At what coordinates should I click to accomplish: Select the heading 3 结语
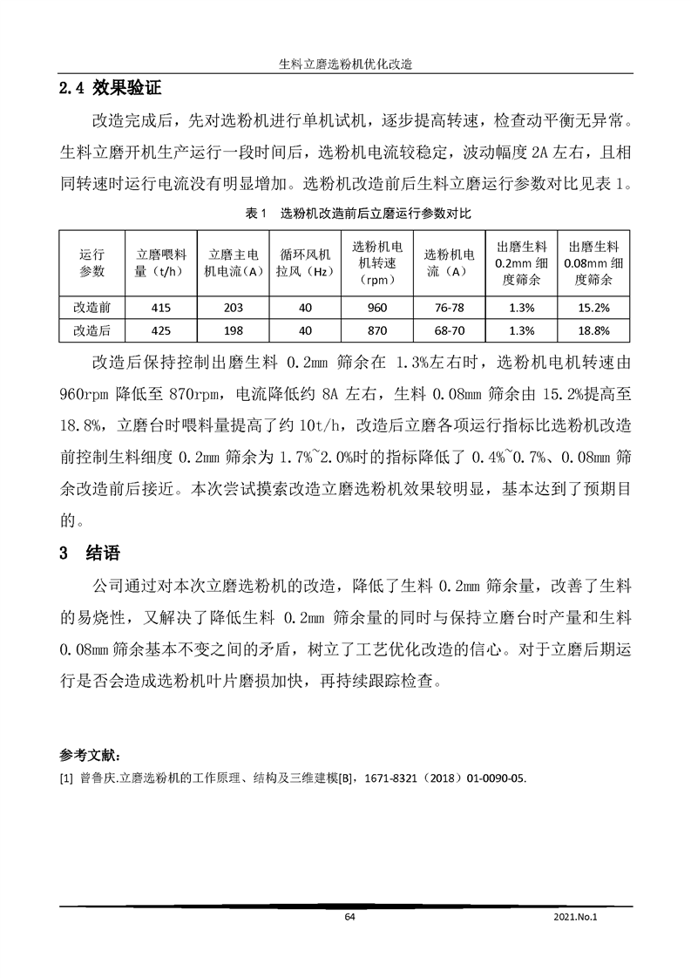click(88, 553)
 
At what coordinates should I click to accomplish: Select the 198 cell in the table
click(233, 330)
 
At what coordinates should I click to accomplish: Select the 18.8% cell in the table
click(593, 330)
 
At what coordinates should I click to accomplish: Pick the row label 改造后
click(91, 330)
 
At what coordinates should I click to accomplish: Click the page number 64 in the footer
click(350, 917)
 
